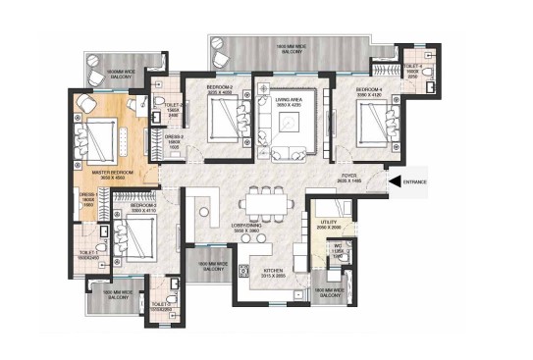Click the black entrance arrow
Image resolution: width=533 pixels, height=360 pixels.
(392, 180)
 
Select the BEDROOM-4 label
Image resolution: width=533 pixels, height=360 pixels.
(369, 89)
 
